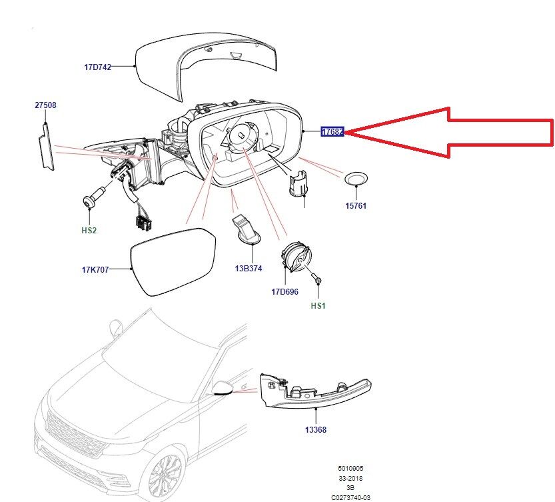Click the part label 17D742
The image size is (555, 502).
[x=97, y=67]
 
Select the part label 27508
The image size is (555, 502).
[x=45, y=105]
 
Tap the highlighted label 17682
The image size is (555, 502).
[x=332, y=132]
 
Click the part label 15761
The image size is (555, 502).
[x=355, y=206]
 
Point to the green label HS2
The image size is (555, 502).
[x=89, y=230]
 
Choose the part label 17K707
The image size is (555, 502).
[x=95, y=269]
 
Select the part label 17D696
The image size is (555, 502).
[x=284, y=291]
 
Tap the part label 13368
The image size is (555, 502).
[x=316, y=430]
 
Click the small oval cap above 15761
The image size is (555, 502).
[x=355, y=179]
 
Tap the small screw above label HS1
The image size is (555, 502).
[x=318, y=282]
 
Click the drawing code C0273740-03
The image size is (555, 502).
[x=351, y=497]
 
